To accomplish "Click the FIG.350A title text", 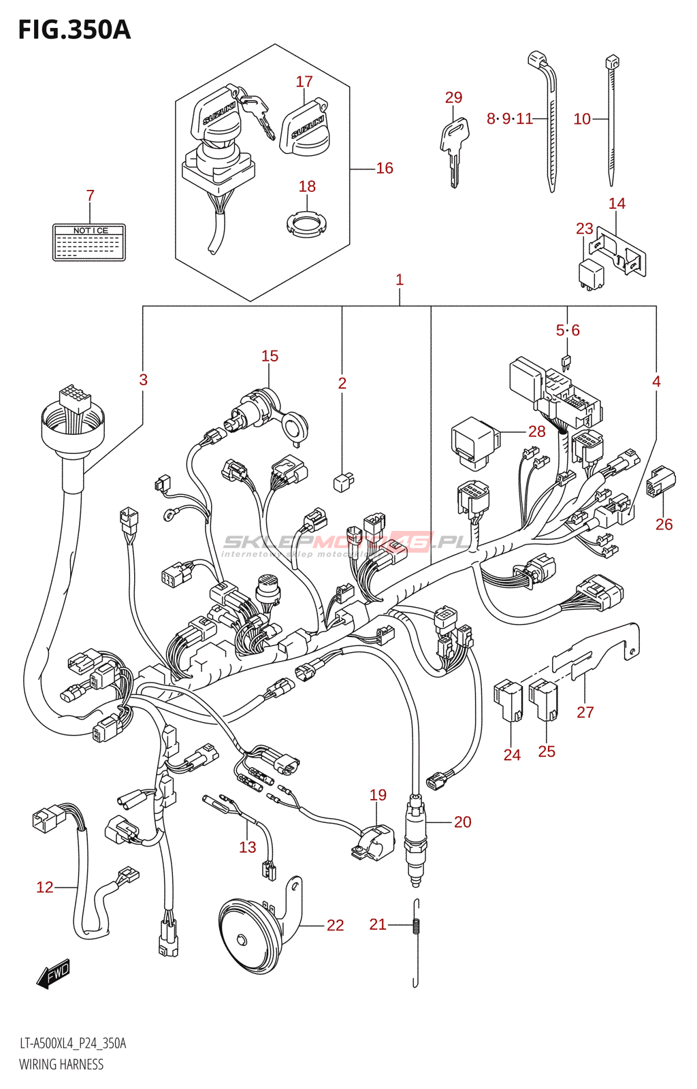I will coord(74,30).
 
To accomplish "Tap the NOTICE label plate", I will coord(89,242).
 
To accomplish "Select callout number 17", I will coord(304,82).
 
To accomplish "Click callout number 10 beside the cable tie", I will coord(582,119).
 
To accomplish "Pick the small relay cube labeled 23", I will coord(590,271).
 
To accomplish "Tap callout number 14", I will coord(617,204).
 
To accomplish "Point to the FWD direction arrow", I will coord(53,975).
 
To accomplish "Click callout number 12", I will coord(45,887).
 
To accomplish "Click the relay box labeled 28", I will coord(474,443).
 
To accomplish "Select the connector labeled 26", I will coord(660,481).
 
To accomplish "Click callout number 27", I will coord(585,712).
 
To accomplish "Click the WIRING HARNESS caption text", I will coord(61,1064).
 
